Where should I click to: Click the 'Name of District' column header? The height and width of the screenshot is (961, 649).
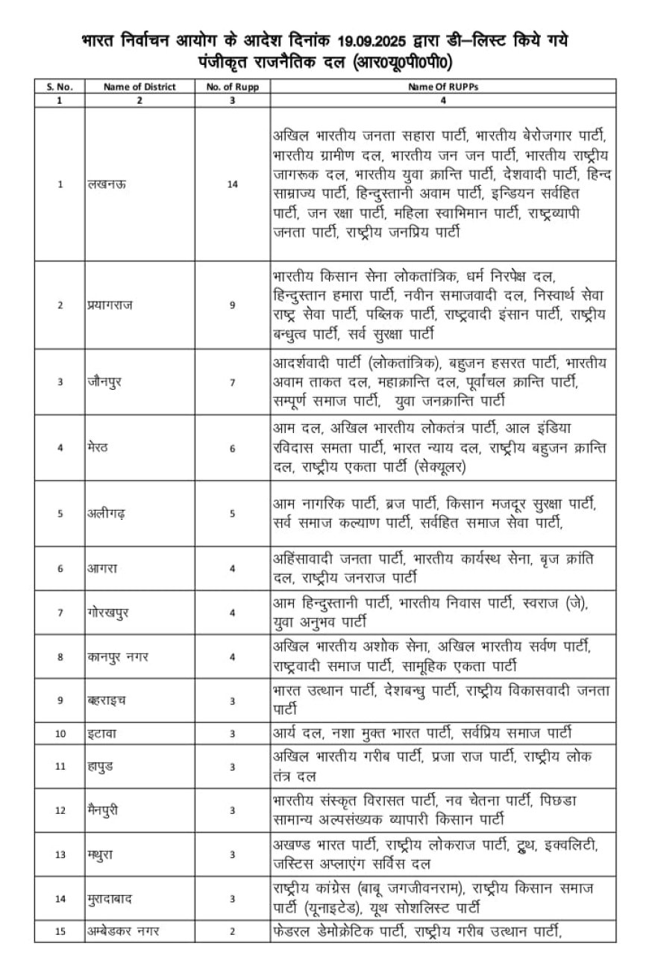[139, 87]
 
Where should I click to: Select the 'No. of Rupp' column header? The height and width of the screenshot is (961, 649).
[232, 87]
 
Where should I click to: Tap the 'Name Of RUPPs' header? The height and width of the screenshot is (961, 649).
[443, 87]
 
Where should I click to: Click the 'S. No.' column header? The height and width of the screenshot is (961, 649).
[60, 87]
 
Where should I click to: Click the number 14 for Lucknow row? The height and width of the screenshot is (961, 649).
[233, 184]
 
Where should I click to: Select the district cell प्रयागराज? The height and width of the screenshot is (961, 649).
[110, 305]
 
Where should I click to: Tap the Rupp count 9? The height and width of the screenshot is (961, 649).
[233, 305]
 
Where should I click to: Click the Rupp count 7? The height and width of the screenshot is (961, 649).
[233, 382]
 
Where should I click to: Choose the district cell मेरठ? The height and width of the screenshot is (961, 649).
[98, 448]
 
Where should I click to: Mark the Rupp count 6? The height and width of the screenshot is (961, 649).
[233, 448]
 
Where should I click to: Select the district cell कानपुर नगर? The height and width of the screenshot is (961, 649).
[116, 656]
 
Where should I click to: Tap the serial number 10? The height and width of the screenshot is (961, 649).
[60, 734]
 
